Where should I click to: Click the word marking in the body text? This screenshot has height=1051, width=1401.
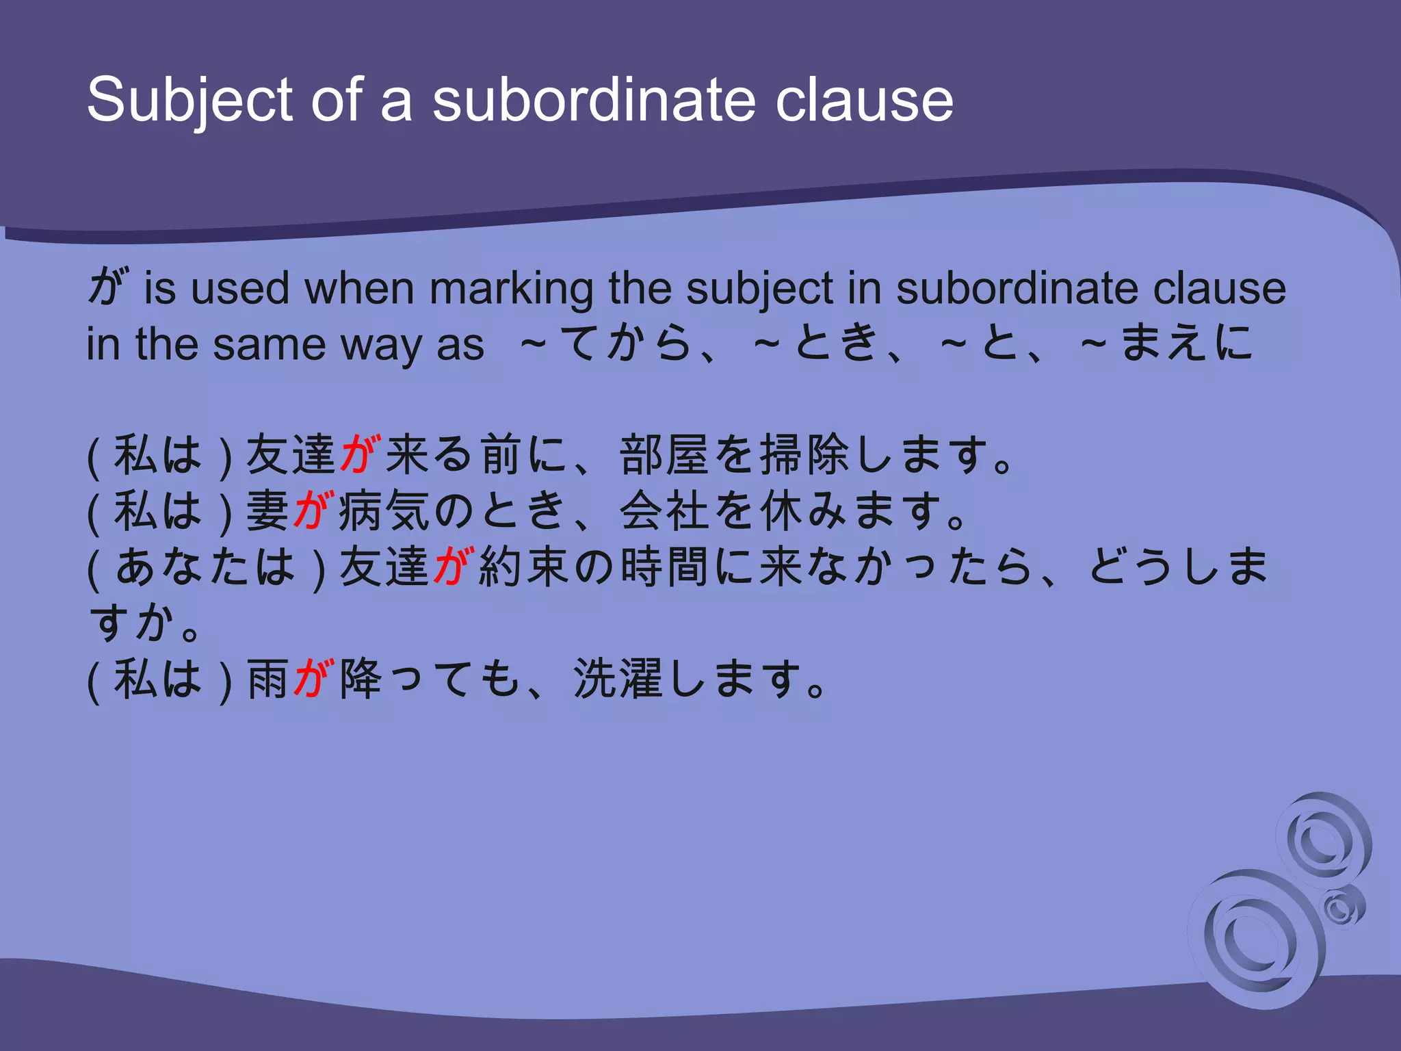click(x=511, y=288)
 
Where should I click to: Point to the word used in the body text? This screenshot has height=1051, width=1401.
click(x=239, y=288)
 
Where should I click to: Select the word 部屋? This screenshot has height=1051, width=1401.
click(x=665, y=454)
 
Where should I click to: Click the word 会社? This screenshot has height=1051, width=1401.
click(x=665, y=510)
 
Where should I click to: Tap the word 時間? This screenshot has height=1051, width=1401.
click(x=665, y=567)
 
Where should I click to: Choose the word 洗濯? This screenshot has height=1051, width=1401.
click(x=618, y=679)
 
